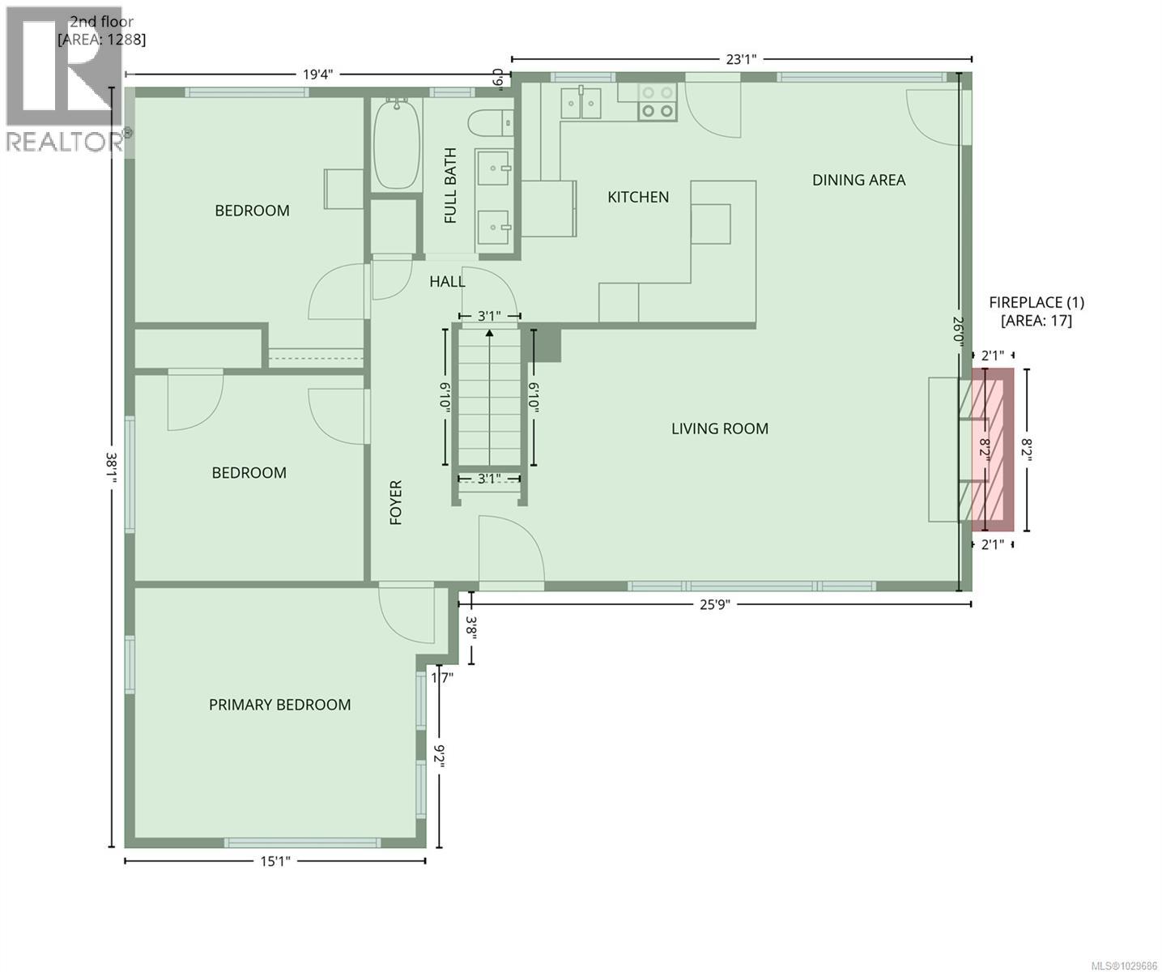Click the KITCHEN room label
638,197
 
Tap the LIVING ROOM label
719,428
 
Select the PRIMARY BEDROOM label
279,705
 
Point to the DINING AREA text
858,180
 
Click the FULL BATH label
450,185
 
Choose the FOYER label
396,502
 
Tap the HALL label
447,281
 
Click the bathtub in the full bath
397,143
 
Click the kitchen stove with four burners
657,103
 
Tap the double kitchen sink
582,102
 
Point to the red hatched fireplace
992,450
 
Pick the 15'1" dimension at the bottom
275,862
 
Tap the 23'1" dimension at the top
740,59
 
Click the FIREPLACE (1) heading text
1036,302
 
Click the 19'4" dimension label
317,75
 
